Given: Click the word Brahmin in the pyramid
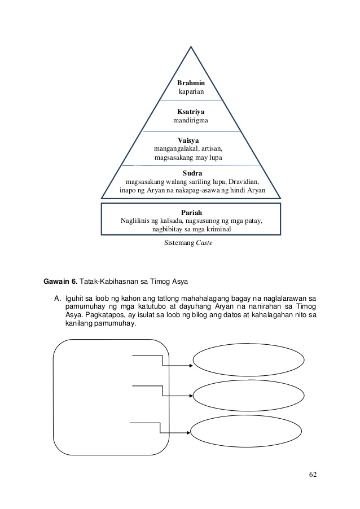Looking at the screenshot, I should pos(191,83).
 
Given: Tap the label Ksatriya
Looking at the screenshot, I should pos(191,112).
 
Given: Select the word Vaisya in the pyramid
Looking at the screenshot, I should pos(188,139).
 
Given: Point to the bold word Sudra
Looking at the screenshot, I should pos(192,173).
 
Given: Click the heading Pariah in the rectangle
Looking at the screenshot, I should pos(192,212).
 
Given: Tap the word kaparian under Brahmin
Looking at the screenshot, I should pos(191,91).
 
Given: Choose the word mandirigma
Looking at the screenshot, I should pos(191,121).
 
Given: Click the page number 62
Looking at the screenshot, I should pos(313,473).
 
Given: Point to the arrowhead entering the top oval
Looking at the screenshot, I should pos(191,365).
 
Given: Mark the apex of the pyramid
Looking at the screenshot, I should pos(191,42).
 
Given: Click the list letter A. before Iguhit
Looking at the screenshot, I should pos(56,296).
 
